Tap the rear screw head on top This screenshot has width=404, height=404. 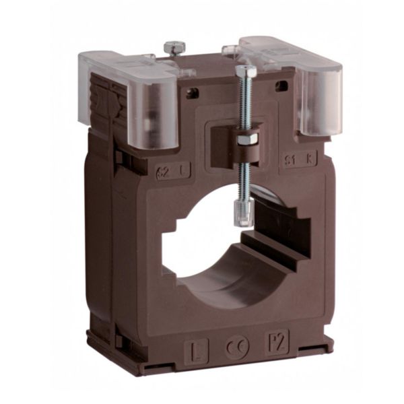pos(174,47)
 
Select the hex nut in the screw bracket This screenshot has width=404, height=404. pos(246,139)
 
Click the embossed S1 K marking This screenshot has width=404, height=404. pos(295,160)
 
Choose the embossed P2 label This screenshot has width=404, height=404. pos(276,341)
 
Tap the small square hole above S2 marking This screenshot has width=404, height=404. pos(193,93)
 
